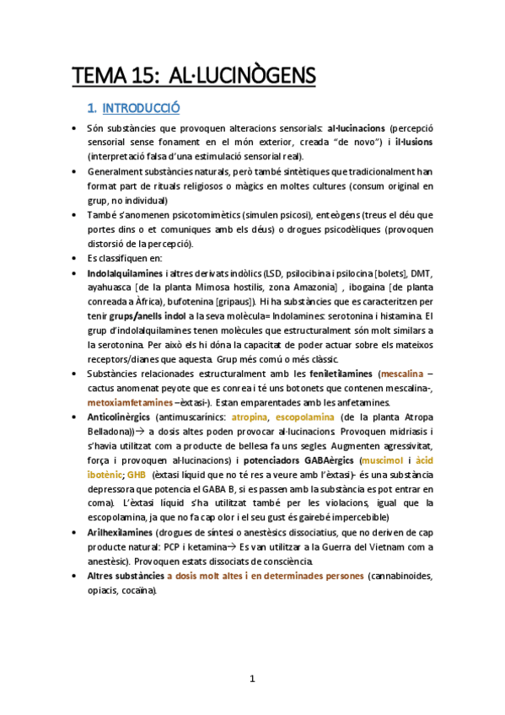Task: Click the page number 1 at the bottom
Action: tap(252, 679)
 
